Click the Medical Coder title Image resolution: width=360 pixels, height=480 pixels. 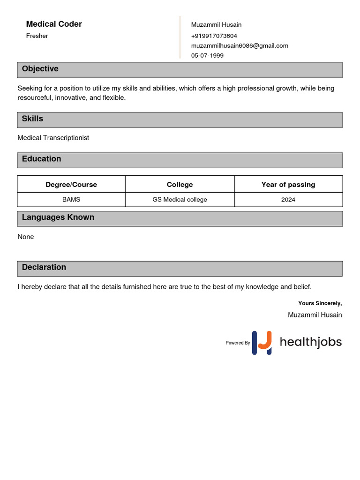coord(54,24)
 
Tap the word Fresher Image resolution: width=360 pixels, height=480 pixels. coord(37,36)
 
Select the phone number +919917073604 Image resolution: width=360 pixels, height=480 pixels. coord(214,36)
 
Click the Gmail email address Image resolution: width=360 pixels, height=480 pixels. coord(240,45)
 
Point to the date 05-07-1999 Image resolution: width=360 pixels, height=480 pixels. coord(207,55)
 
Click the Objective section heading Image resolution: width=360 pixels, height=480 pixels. coord(40,69)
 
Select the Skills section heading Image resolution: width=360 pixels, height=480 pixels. coord(32,119)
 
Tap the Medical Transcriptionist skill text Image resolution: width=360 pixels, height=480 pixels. coord(53,138)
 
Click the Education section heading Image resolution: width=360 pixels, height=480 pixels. coord(41,159)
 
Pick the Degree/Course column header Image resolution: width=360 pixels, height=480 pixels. coord(71,185)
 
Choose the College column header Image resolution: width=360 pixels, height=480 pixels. coord(180,185)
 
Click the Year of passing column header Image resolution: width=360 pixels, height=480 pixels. coord(288,185)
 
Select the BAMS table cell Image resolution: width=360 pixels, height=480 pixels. coord(71,200)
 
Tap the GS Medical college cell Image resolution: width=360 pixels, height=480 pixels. coord(180,200)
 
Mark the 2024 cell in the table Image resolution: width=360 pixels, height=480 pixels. coord(288,200)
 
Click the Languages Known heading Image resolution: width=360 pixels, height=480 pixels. coord(58,217)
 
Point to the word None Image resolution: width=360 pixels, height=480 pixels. coord(26,237)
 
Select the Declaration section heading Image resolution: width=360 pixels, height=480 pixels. coord(44,267)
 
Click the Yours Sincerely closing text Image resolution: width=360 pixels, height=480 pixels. coord(320,303)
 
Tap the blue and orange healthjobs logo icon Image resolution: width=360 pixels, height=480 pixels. coord(262,343)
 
